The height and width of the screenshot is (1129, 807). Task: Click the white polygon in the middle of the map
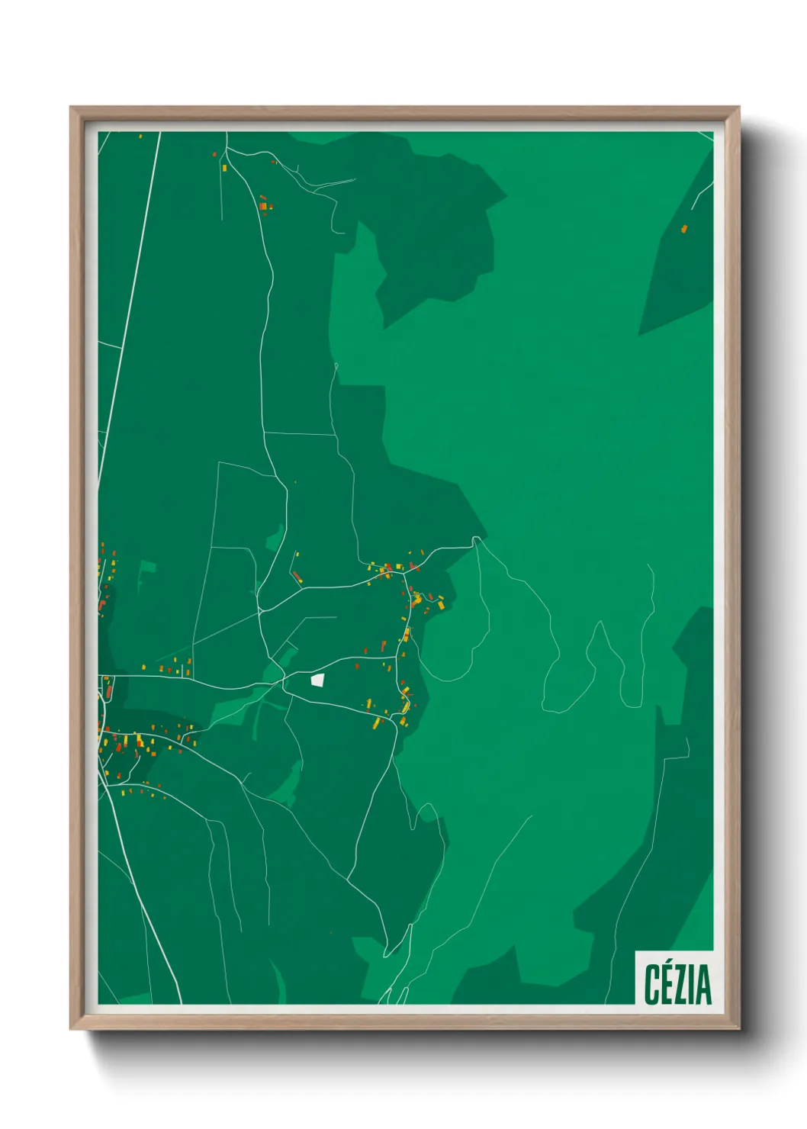(317, 680)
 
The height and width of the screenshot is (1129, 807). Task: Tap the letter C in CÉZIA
(652, 985)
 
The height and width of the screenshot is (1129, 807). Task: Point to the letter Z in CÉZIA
(683, 985)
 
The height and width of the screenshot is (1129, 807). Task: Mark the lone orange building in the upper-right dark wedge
(684, 228)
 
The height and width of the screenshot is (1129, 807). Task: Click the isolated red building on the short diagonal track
(296, 576)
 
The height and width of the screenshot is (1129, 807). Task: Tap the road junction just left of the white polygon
(284, 676)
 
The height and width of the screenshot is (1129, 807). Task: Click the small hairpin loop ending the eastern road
(477, 539)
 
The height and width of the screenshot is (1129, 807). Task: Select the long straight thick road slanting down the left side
(130, 305)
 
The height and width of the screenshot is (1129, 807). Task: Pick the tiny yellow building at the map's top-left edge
(141, 136)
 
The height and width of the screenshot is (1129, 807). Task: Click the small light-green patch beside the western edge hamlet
(146, 568)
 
